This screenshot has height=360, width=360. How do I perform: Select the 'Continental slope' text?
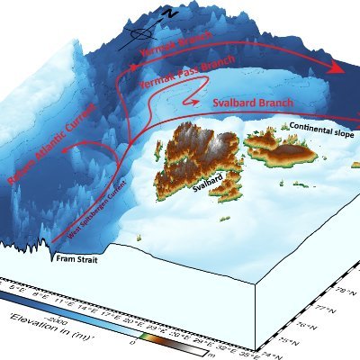(319, 128)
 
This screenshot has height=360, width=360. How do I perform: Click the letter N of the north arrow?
(169, 12)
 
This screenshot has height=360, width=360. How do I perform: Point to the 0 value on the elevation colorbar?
(133, 341)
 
